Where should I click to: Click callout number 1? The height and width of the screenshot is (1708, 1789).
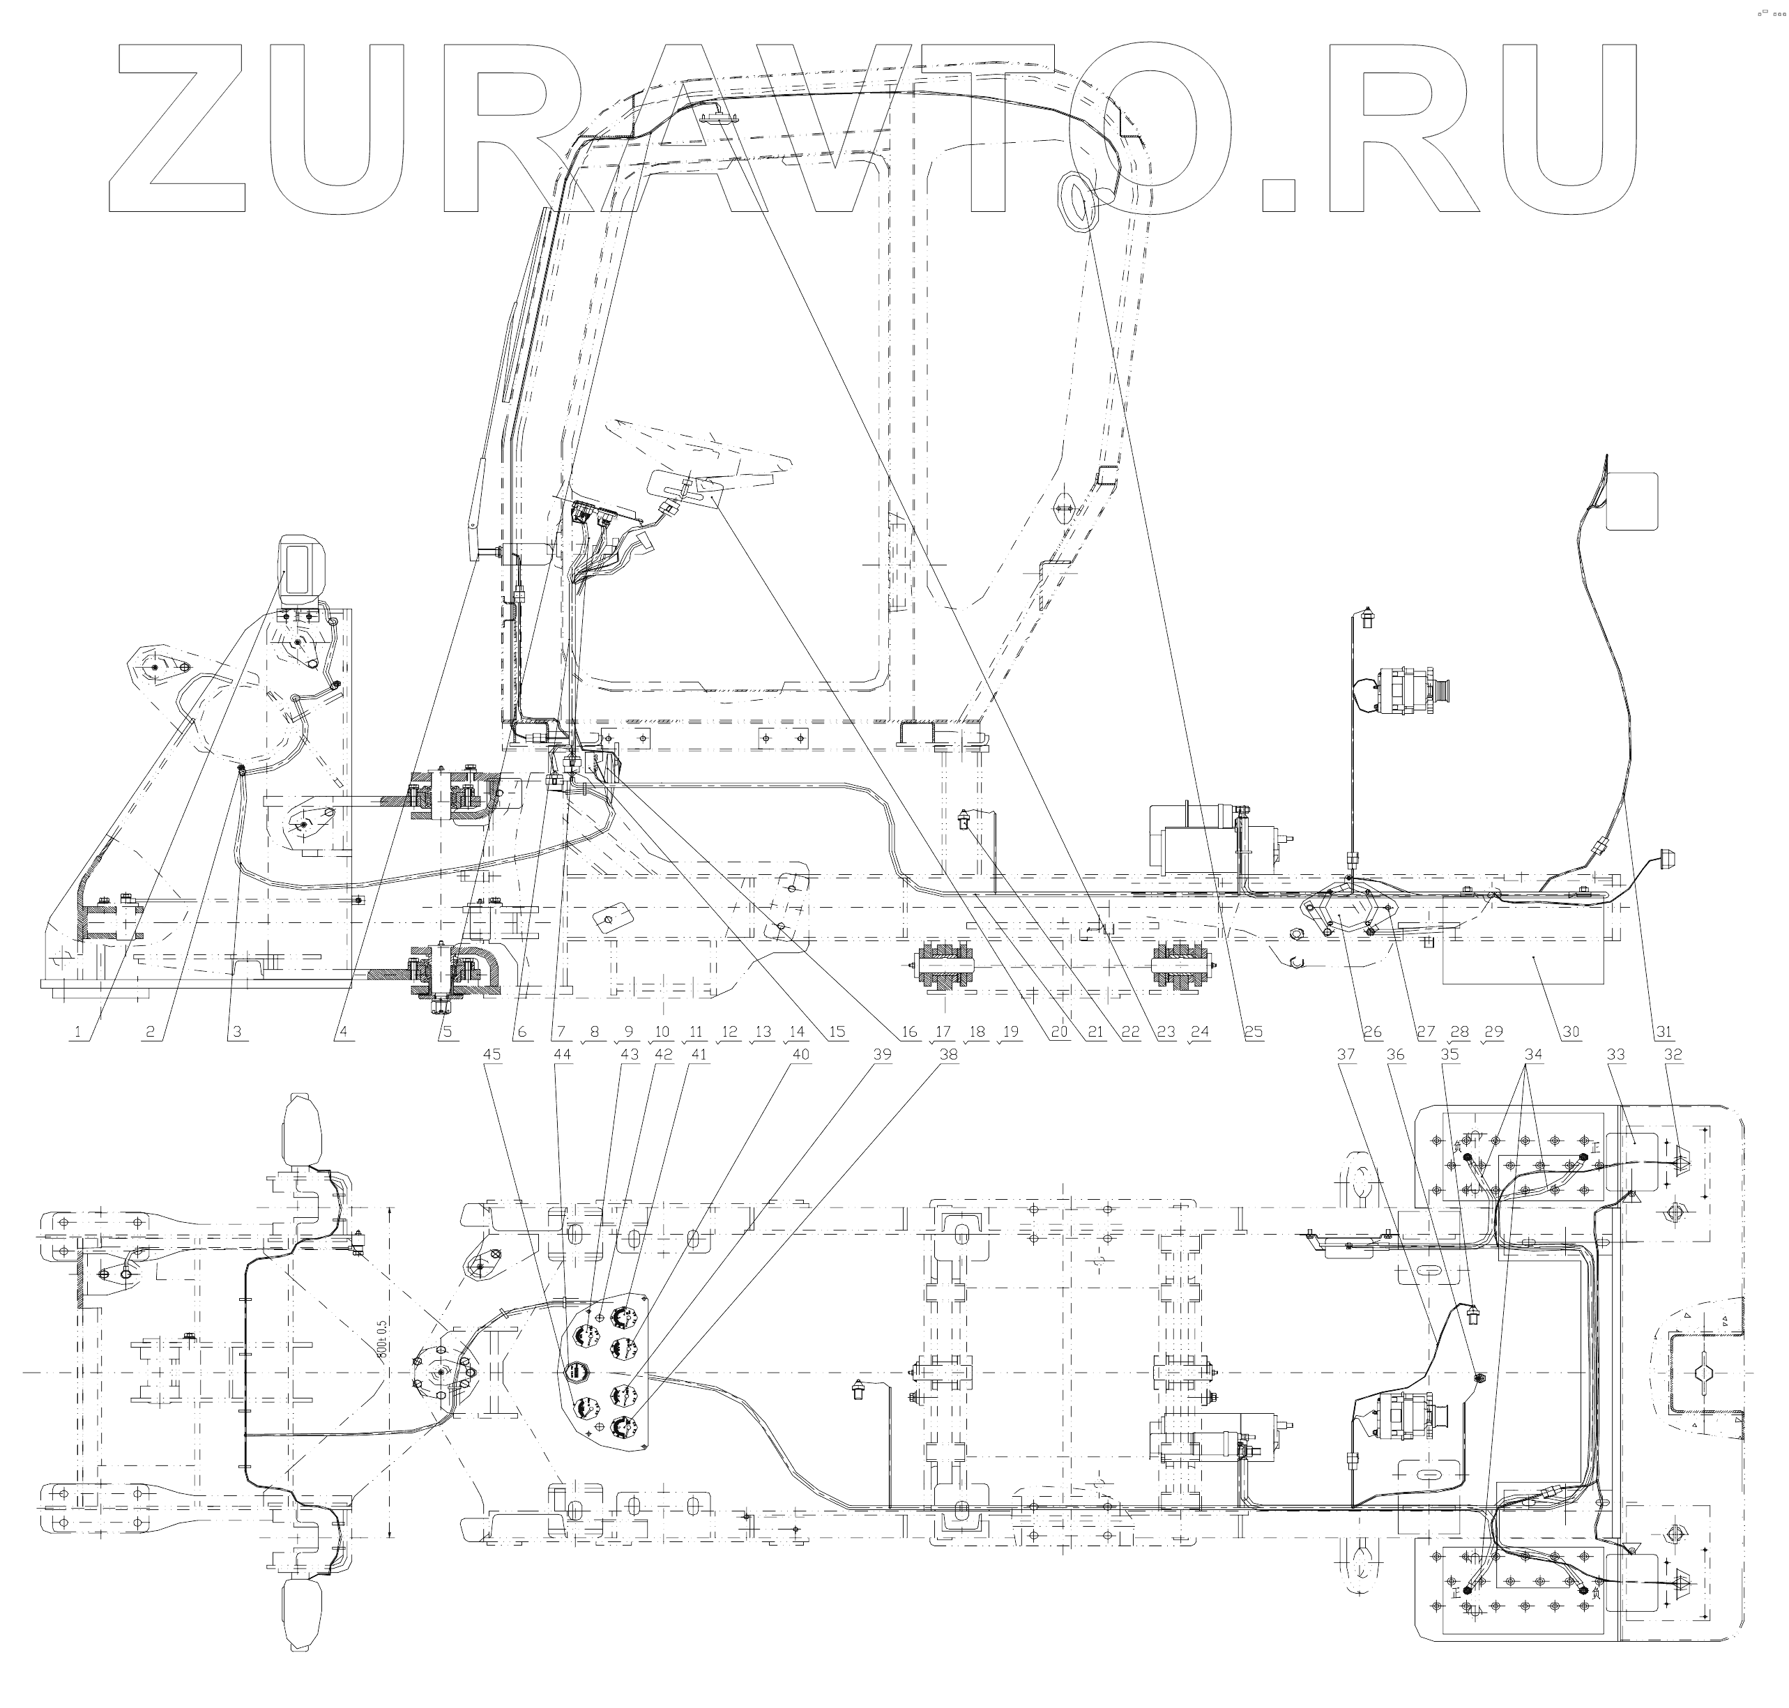[x=78, y=1032]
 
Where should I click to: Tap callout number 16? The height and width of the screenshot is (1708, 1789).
[x=908, y=1032]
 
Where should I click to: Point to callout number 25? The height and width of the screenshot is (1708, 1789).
[x=1254, y=1032]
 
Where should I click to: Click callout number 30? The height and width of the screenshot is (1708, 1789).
[x=1571, y=1032]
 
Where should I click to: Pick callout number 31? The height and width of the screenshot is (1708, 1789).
[x=1664, y=1032]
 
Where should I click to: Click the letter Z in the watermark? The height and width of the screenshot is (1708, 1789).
[x=178, y=128]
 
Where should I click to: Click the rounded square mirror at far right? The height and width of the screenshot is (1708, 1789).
[x=1631, y=501]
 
